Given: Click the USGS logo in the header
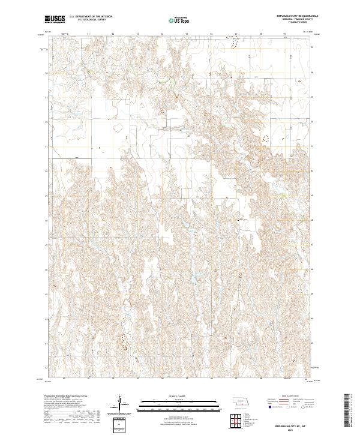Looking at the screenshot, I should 55,20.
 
